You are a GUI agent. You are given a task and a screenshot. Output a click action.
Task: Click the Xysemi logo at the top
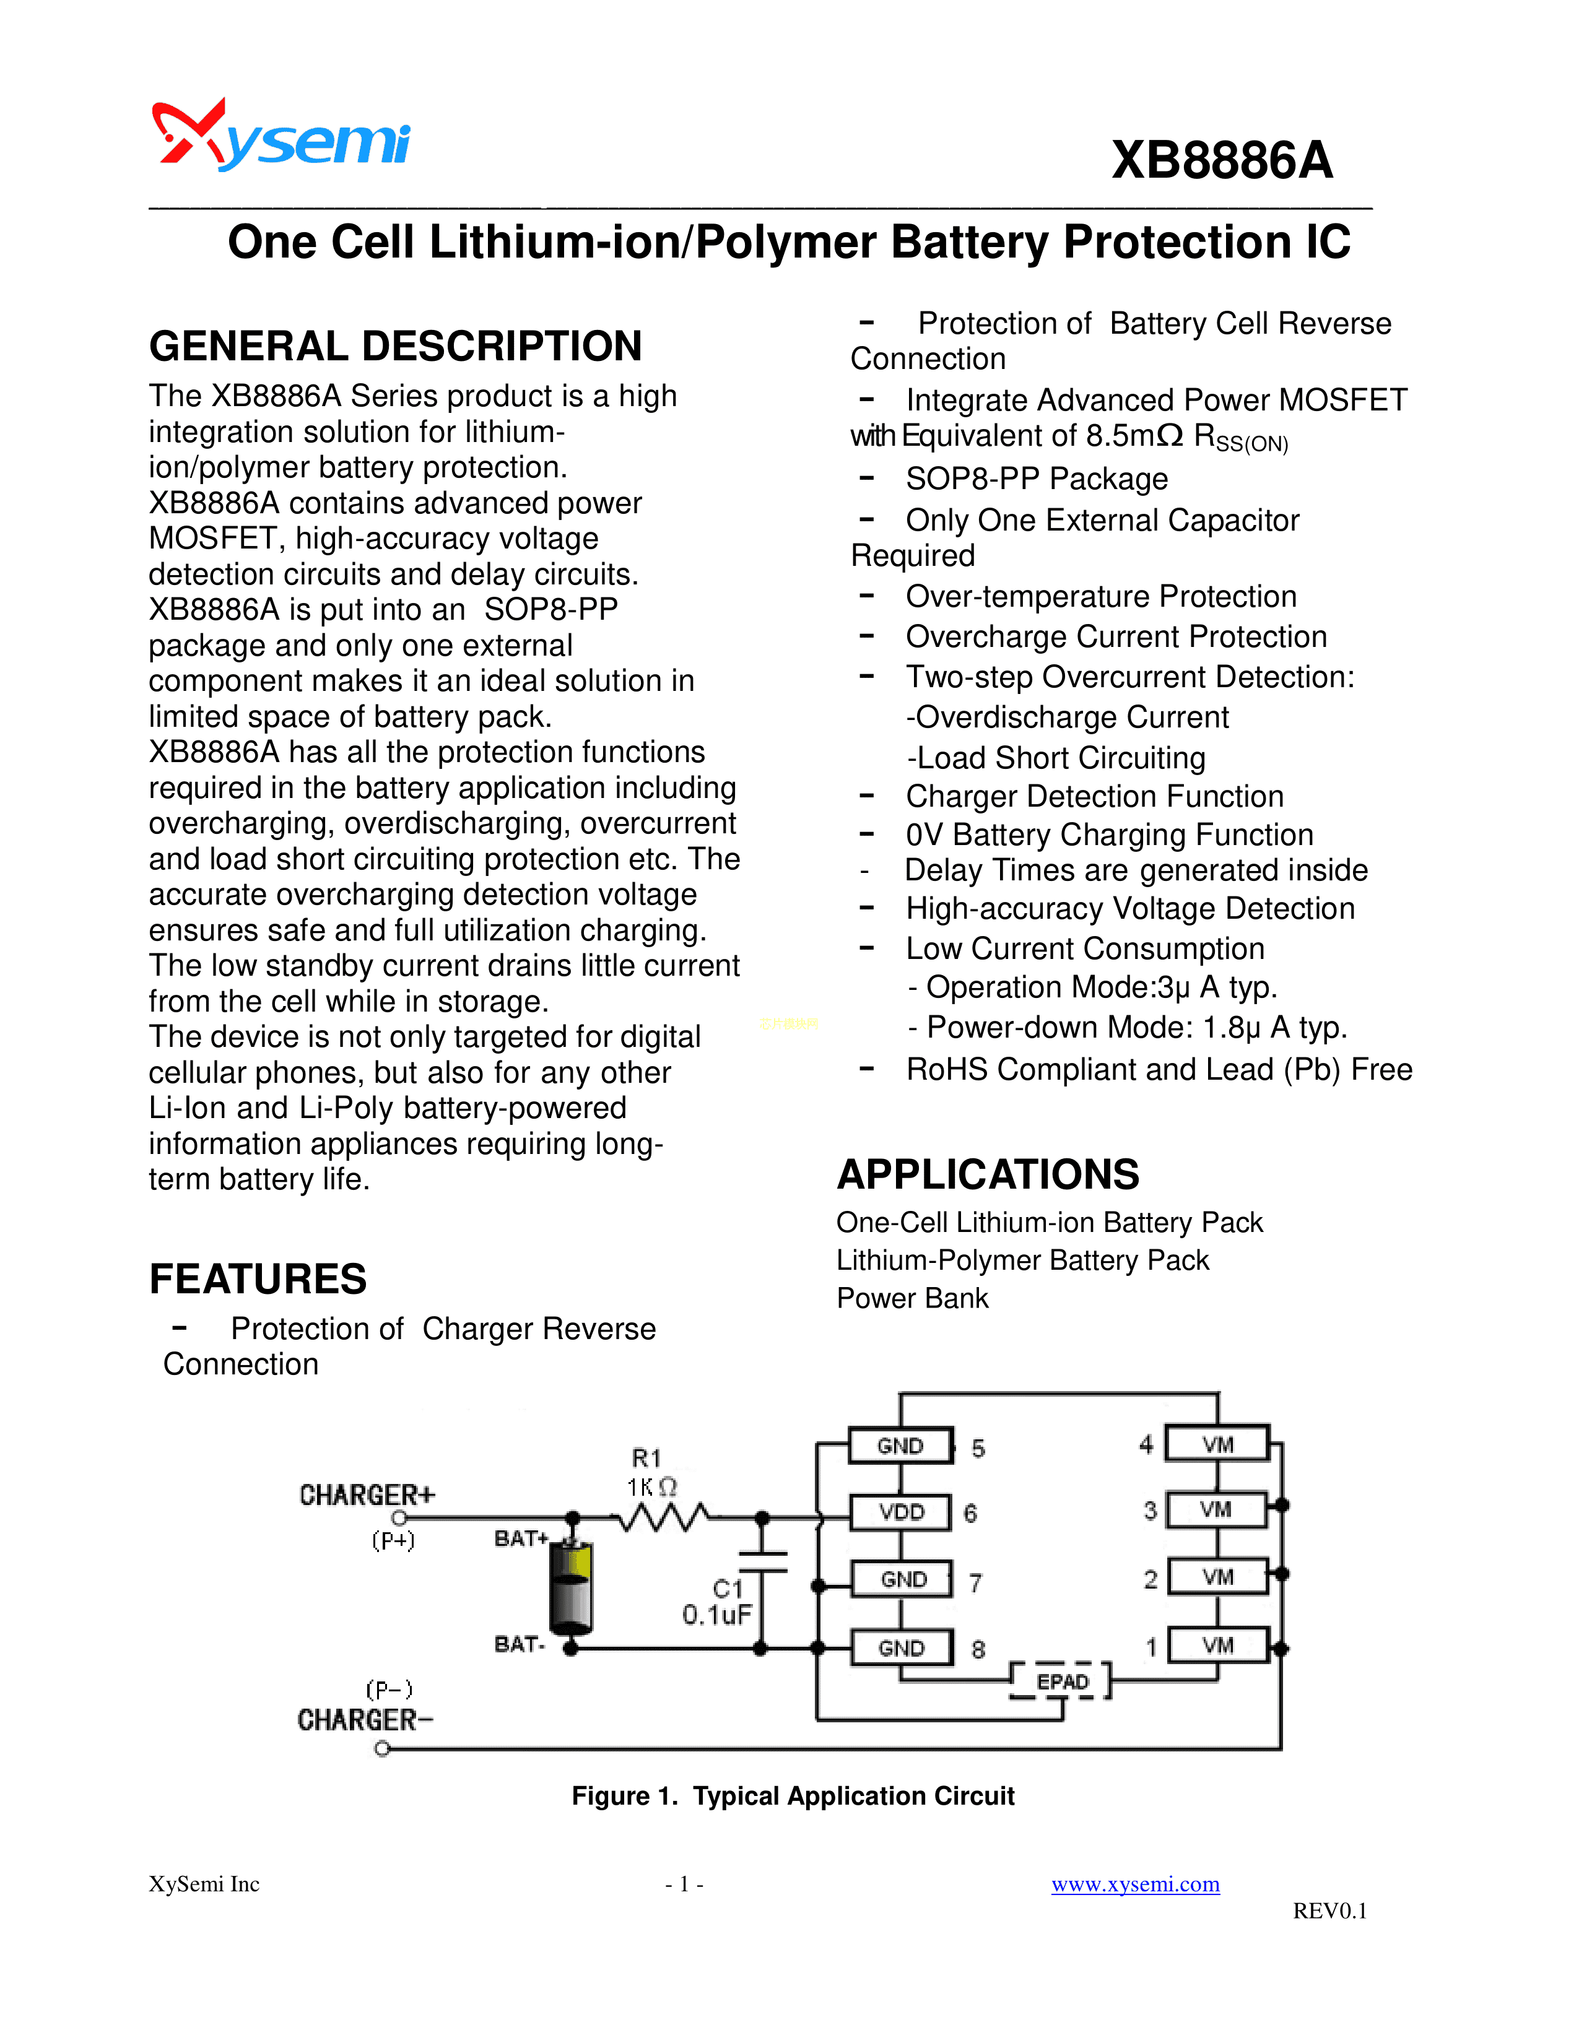281,137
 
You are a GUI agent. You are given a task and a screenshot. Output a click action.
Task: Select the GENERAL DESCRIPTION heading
395,346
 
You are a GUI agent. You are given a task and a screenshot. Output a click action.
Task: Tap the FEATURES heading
258,1279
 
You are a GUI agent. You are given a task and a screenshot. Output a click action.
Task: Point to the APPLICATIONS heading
988,1174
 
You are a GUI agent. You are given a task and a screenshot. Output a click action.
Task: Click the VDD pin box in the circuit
901,1512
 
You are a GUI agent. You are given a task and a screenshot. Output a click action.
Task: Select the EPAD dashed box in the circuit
1062,1681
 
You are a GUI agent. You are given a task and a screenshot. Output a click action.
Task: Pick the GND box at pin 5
900,1445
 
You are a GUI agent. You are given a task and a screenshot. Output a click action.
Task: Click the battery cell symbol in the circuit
571,1587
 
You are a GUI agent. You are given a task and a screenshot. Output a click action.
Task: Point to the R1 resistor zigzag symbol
666,1517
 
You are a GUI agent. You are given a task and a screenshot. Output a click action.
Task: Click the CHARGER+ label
367,1495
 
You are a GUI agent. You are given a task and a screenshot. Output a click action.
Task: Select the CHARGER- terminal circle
381,1748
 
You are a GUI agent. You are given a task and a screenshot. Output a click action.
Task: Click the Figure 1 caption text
793,1796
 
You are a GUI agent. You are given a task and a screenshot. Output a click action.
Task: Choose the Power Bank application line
912,1298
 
